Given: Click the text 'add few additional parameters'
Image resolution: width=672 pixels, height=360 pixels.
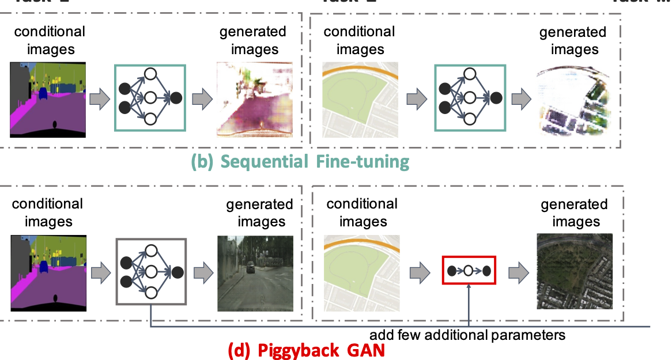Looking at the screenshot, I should click(467, 335).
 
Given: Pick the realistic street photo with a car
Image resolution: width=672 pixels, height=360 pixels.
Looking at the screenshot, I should click(255, 274).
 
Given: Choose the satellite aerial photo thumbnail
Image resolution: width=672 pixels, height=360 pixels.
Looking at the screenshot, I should click(574, 272).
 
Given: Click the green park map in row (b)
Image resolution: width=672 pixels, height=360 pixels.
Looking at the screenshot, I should click(360, 99).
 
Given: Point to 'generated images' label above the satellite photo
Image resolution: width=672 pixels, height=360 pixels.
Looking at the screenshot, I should click(574, 213).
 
